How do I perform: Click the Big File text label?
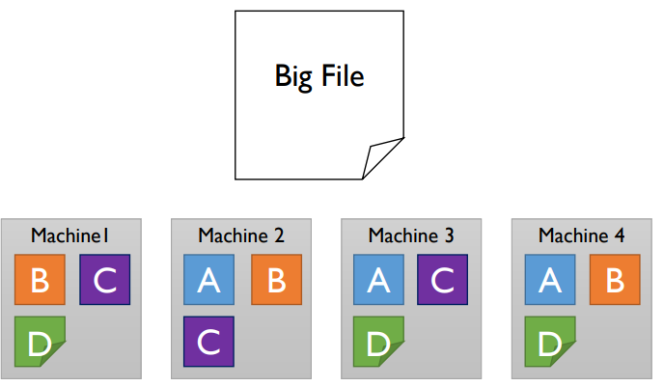(319, 75)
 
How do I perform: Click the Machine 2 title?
(241, 235)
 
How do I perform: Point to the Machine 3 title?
(411, 235)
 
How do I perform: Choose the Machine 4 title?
(581, 235)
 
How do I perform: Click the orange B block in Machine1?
(40, 280)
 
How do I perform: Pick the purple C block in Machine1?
(104, 280)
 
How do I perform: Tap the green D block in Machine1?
(40, 342)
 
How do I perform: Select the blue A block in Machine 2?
(208, 280)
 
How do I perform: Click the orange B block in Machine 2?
(276, 280)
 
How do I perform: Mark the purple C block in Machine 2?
(208, 342)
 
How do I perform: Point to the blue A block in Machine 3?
(378, 280)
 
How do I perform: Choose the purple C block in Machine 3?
(443, 280)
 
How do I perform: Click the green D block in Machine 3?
(378, 342)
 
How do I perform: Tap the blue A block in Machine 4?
(549, 280)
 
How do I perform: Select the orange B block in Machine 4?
(613, 280)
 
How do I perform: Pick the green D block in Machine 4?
(549, 342)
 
